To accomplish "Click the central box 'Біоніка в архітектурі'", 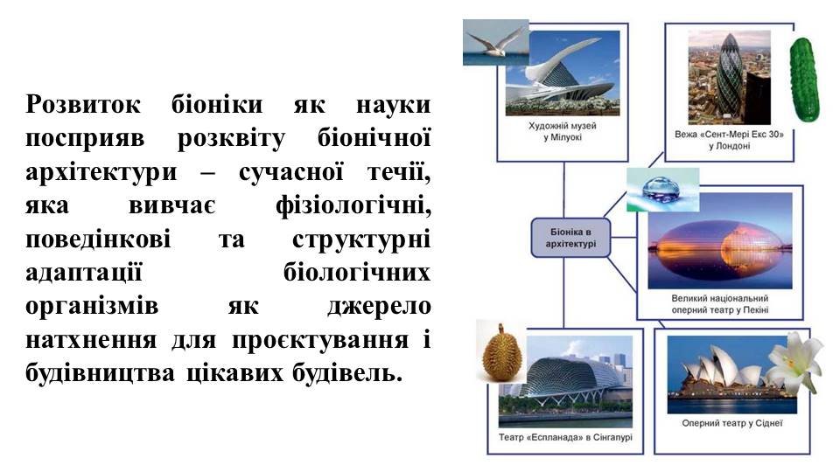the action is point(570,238).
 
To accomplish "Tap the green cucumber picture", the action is point(804,80).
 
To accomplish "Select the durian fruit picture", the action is point(501,351).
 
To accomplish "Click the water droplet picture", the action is point(662,190).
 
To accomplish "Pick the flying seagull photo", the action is point(495,42).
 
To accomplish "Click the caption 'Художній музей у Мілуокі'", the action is point(562,132).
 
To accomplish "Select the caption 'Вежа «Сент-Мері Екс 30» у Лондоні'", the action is point(729,140).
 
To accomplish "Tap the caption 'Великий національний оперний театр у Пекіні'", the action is point(720,304).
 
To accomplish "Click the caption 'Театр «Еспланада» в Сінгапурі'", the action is point(565,437).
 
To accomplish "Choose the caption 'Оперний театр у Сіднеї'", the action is point(731,423).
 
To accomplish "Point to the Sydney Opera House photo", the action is point(731,375).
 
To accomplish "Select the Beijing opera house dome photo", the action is point(719,241).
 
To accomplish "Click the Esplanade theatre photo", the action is point(565,382).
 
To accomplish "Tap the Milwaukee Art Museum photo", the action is point(563,73).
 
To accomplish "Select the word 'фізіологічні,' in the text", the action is point(353,205).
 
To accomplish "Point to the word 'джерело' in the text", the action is point(379,306).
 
